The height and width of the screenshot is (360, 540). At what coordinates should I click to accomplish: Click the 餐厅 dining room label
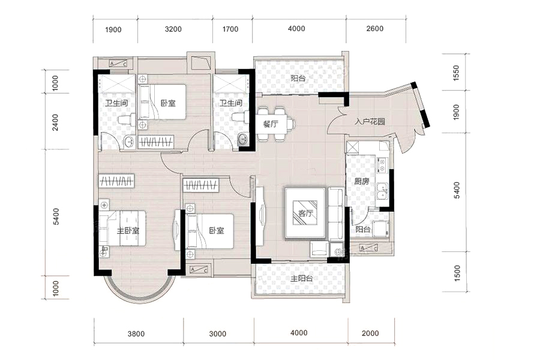(x=271, y=124)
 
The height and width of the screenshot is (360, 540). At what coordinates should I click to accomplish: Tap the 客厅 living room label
(x=305, y=213)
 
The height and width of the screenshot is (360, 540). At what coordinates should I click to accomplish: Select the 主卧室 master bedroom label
(x=128, y=230)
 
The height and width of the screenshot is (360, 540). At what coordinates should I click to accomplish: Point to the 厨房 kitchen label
(x=362, y=182)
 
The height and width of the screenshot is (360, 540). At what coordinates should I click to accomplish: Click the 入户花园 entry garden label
(x=370, y=121)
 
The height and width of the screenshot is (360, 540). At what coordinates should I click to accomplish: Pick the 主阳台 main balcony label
(x=301, y=278)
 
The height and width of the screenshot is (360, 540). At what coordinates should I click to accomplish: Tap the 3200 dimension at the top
(x=173, y=29)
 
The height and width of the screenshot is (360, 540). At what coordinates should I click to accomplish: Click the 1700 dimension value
(x=230, y=29)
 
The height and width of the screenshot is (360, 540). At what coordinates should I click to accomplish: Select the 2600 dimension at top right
(x=374, y=29)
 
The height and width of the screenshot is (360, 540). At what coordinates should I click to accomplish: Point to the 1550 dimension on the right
(x=457, y=73)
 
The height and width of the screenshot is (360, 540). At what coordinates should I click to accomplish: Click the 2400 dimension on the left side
(x=55, y=122)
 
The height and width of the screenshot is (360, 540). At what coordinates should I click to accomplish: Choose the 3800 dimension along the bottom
(x=136, y=334)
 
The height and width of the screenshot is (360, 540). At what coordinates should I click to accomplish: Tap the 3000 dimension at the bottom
(x=218, y=334)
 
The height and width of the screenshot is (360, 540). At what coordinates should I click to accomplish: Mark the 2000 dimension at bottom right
(x=370, y=333)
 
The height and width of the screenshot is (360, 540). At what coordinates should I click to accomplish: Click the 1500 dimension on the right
(x=457, y=273)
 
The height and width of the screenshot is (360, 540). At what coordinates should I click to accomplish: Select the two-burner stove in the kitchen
(x=382, y=164)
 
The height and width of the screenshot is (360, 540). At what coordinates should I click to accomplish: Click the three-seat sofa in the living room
(x=335, y=214)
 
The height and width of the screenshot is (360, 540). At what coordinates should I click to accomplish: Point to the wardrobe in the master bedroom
(x=116, y=181)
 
